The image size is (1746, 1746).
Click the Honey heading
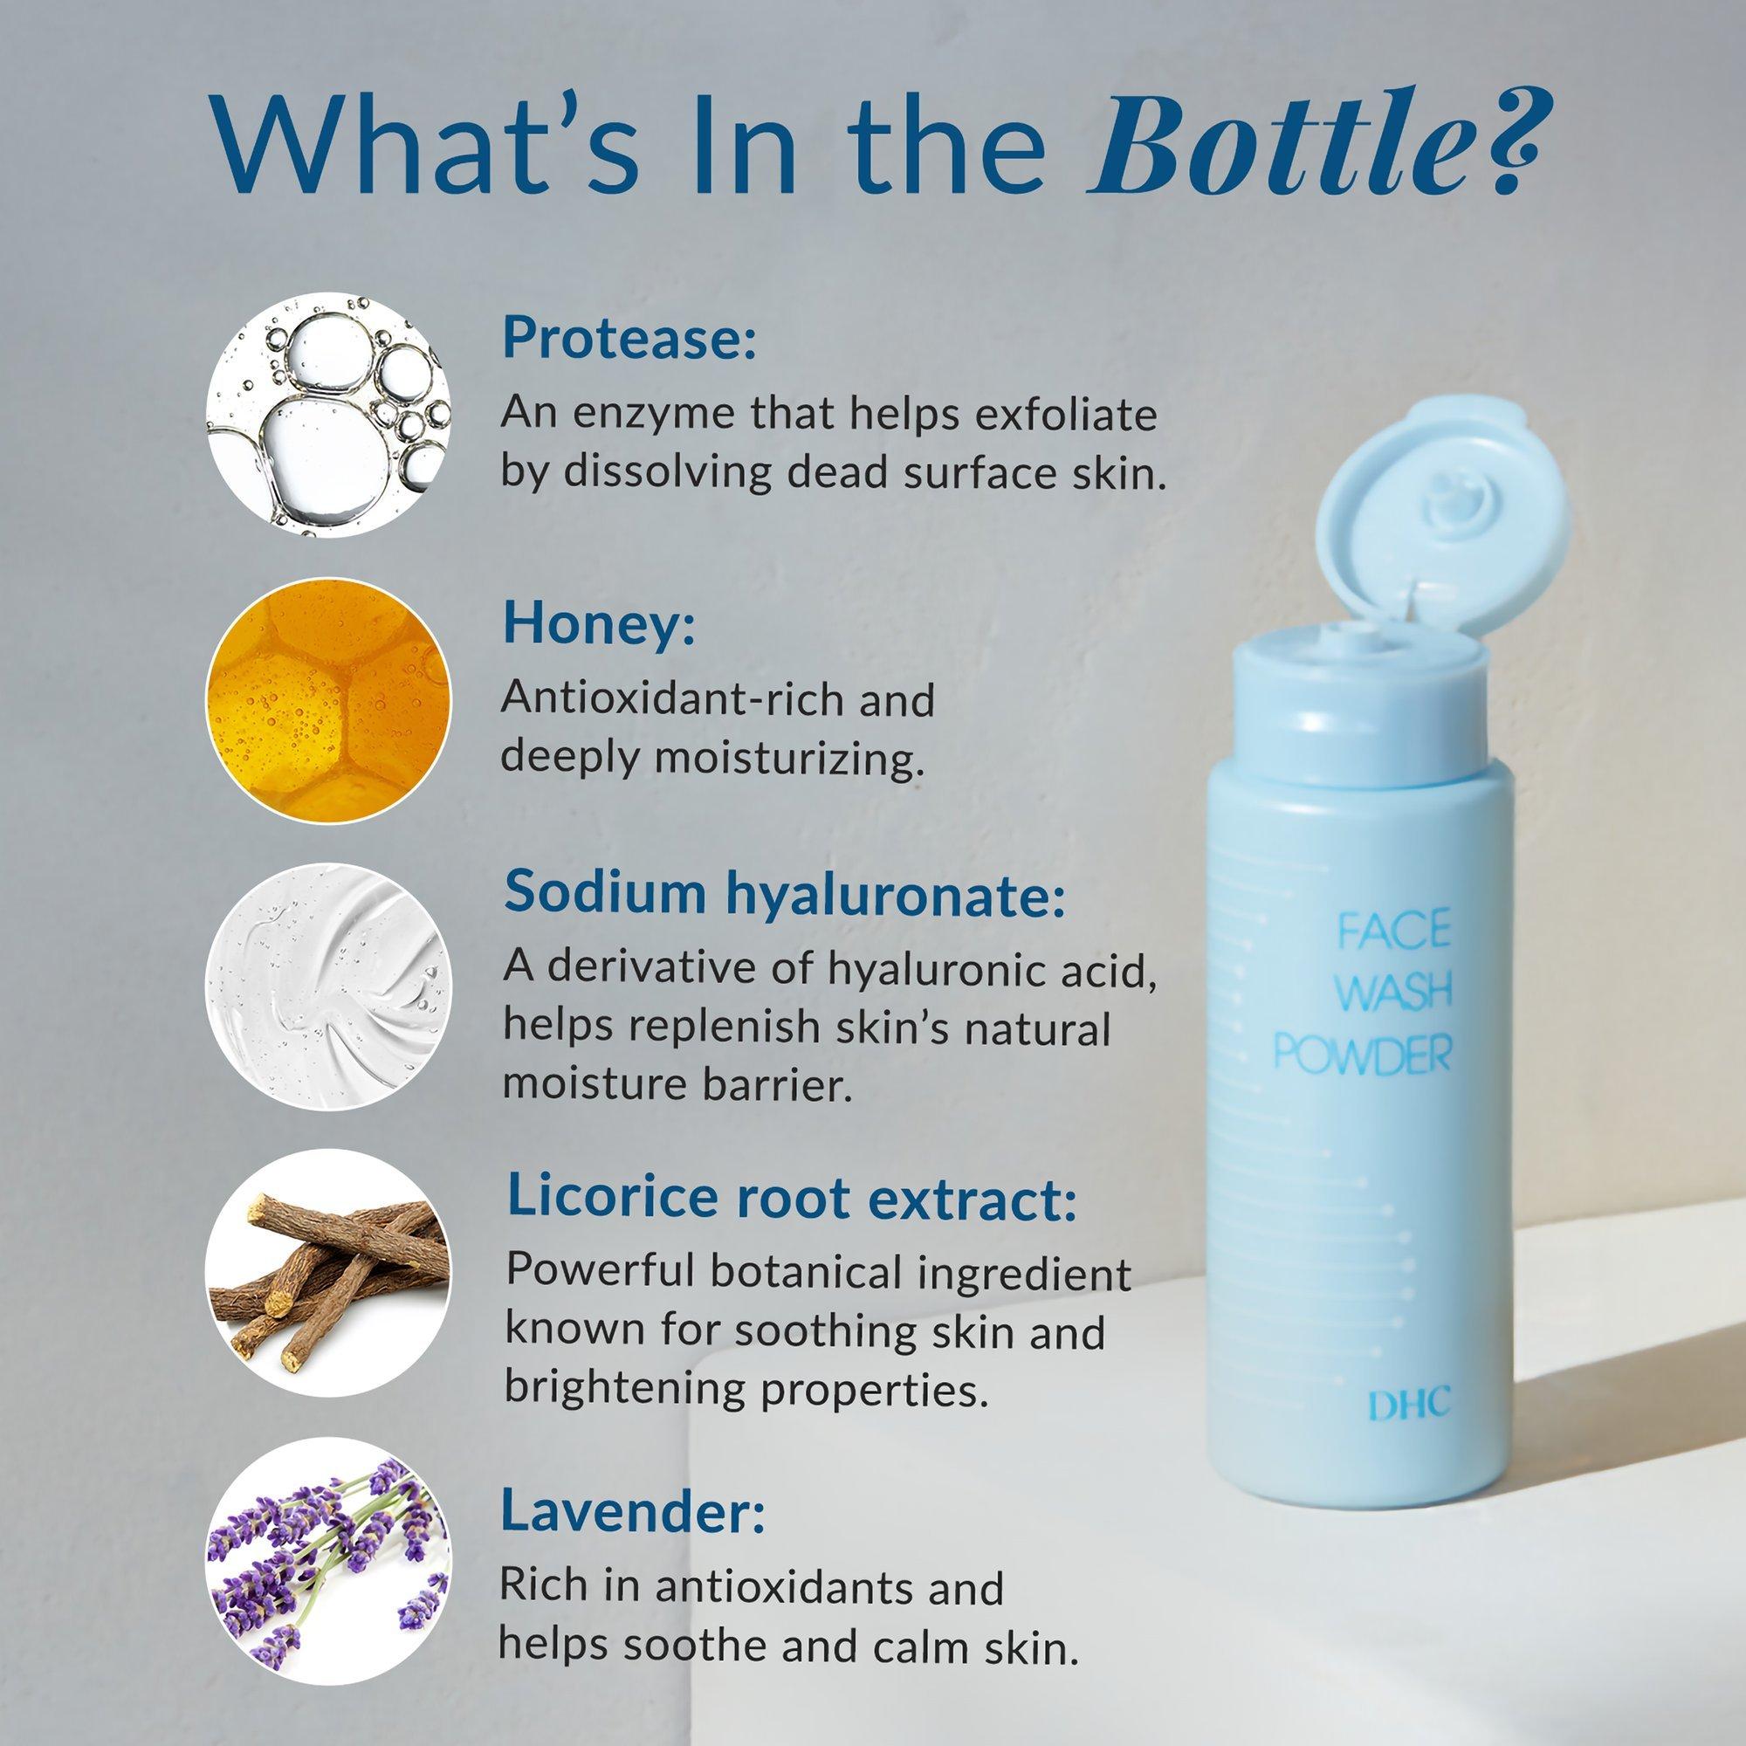pos(600,622)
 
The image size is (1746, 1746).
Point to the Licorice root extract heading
pos(793,1197)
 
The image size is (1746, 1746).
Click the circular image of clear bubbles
pos(329,414)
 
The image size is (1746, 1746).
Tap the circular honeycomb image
pos(329,701)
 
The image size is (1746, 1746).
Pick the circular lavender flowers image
pos(329,1561)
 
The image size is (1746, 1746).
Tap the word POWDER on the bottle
pos(1363,1055)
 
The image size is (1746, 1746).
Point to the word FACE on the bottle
pos(1393,931)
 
